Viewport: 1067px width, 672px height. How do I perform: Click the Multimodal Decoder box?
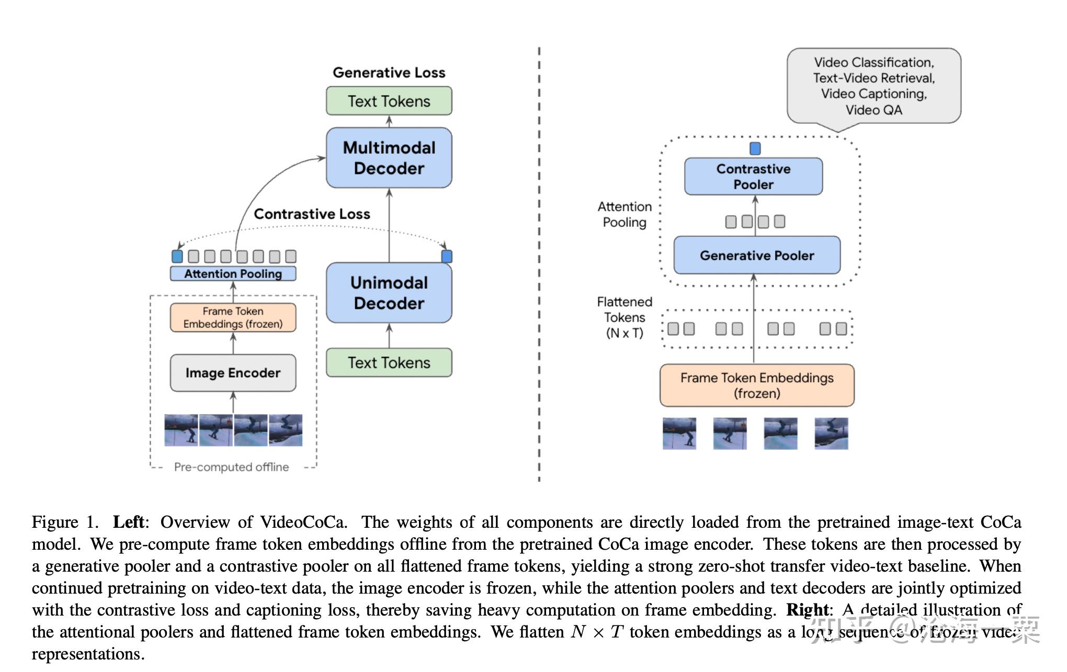pos(389,158)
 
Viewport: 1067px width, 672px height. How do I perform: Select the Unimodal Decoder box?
pos(389,293)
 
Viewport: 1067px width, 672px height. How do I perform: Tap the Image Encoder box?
pos(233,373)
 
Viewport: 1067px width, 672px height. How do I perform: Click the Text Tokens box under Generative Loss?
pos(389,101)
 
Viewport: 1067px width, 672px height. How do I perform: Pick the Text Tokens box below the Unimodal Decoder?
pos(389,363)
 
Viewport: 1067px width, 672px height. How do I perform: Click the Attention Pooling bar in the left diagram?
pos(233,274)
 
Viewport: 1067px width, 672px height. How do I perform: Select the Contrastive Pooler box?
pos(753,177)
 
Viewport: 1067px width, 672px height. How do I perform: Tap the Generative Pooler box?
pos(757,256)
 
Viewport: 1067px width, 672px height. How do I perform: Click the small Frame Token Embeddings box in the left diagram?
pos(233,318)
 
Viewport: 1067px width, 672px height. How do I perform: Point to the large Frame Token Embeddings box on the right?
pos(757,386)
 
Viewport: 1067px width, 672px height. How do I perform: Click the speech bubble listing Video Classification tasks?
pos(873,86)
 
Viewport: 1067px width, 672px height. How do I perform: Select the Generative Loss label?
pos(389,73)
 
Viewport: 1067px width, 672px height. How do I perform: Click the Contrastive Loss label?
pos(312,214)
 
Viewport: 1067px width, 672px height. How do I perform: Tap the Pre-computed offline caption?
pos(231,467)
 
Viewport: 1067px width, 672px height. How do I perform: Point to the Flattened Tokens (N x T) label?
pos(625,318)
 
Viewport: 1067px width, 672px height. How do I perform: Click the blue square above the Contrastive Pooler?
pos(755,149)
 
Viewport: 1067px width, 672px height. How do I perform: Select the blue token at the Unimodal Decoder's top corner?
pos(447,257)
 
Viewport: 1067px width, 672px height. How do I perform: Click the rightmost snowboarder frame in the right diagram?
pos(831,433)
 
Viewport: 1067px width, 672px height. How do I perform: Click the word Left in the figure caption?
pos(129,522)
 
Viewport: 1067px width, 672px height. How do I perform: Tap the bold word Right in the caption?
pos(807,610)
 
